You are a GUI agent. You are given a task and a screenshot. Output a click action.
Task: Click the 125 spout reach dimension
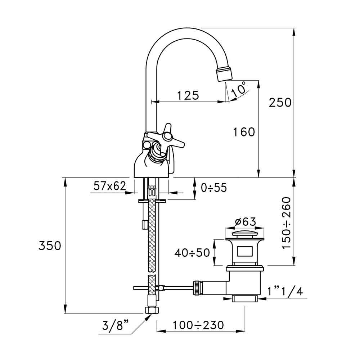pos(188,95)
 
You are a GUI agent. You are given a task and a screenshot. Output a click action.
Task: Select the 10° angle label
pos(239,89)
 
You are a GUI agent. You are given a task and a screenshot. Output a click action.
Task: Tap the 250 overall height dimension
pos(280,103)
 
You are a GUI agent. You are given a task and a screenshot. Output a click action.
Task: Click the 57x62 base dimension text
pos(110,186)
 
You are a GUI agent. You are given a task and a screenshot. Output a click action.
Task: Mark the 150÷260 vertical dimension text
pos(286,223)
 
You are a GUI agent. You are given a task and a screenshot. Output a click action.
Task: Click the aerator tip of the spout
pos(224,73)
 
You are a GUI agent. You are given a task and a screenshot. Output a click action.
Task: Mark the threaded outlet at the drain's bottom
pos(245,298)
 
